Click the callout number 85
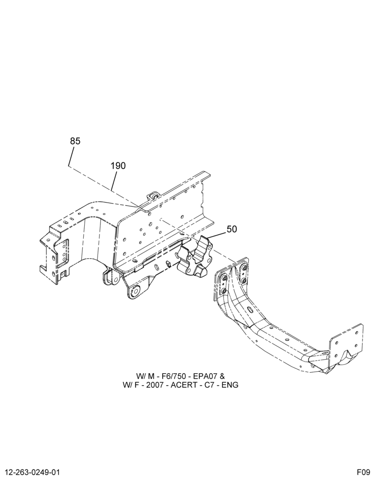point(75,141)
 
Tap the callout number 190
point(118,166)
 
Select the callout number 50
point(232,229)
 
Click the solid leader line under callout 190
point(113,181)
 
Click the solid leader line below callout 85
point(71,157)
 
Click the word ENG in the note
point(230,385)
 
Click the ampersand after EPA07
point(222,376)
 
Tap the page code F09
point(364,472)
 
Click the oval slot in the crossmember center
point(249,310)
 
